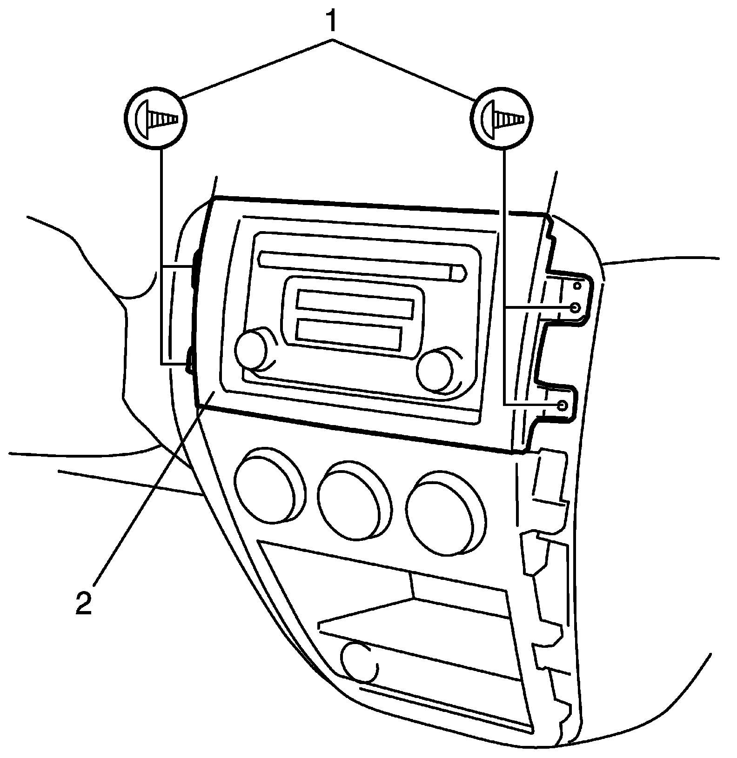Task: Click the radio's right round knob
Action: pos(435,370)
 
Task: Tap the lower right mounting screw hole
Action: pos(563,405)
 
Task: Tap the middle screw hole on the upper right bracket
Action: pos(576,308)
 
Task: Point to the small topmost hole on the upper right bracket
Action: pos(577,285)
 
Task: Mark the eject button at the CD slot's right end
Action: pos(458,273)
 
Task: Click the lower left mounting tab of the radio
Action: pos(189,356)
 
